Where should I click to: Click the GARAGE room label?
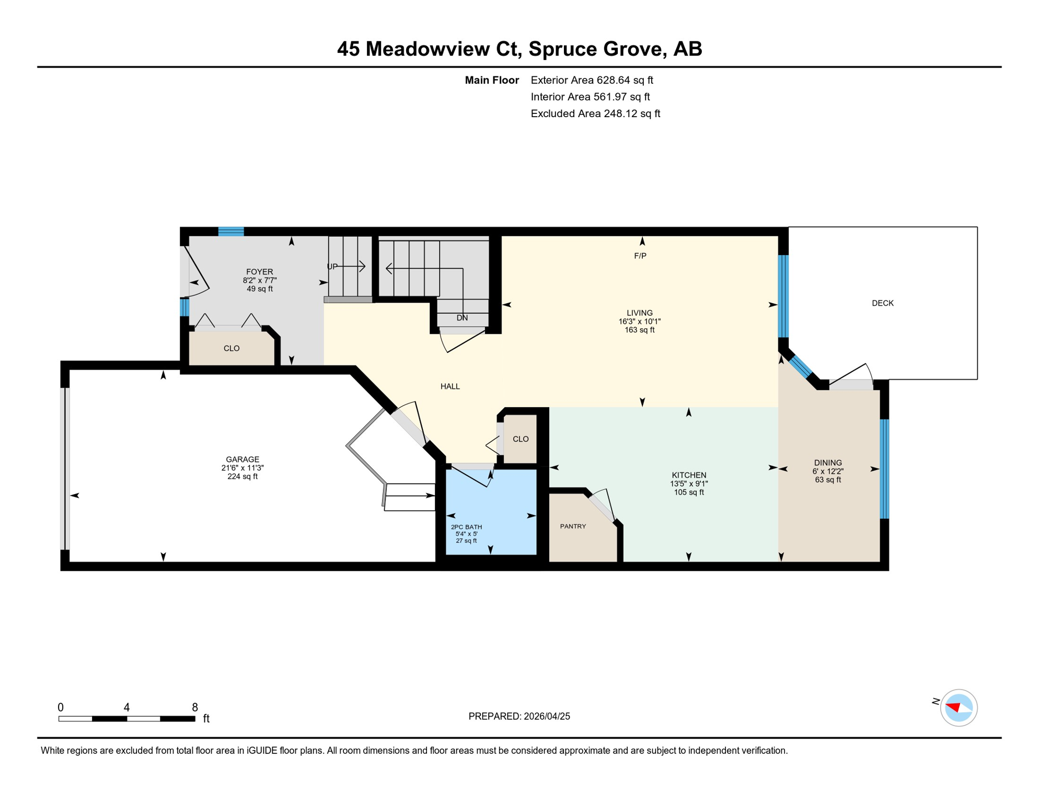[243, 459]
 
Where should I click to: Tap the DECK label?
[882, 303]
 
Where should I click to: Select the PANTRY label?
[573, 526]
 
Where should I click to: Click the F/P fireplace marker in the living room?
[640, 256]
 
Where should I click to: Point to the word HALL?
[450, 386]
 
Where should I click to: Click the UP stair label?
[332, 267]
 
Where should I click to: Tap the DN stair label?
[462, 318]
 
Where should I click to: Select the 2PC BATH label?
[466, 527]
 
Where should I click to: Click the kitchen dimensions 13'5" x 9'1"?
[689, 484]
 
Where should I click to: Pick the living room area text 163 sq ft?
[639, 330]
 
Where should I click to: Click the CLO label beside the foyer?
[232, 348]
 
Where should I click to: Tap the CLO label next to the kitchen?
[521, 439]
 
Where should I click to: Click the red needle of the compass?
[954, 707]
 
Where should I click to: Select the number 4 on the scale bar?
[126, 707]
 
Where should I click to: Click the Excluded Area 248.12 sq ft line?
[595, 113]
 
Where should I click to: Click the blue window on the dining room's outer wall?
[884, 468]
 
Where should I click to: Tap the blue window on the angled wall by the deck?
[800, 366]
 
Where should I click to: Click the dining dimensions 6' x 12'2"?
[827, 471]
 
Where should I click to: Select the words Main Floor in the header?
[492, 80]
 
